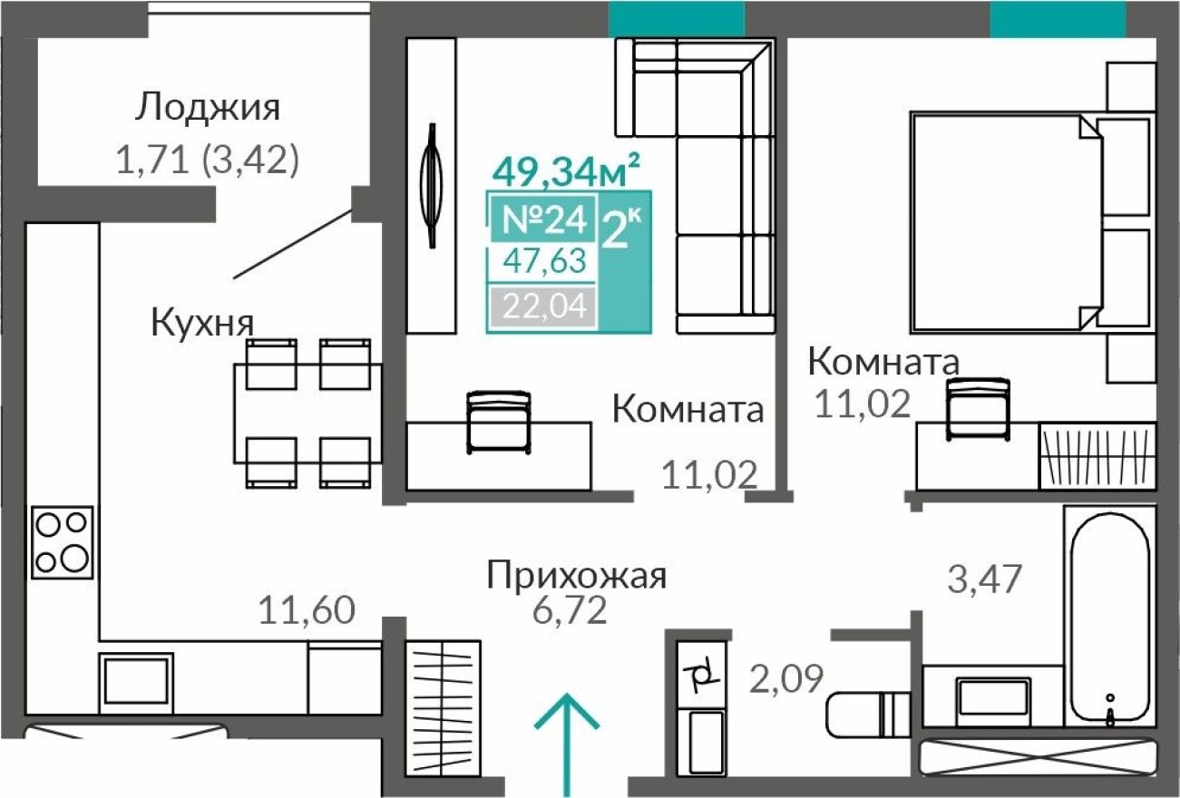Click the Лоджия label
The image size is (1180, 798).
click(208, 107)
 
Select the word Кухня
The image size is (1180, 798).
click(201, 322)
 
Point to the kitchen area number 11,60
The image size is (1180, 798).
click(306, 610)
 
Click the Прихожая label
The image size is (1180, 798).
click(577, 576)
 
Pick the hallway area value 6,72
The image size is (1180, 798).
click(570, 611)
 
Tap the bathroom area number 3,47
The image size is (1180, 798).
click(985, 578)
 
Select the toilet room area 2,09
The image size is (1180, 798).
click(787, 676)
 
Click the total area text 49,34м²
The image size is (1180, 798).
click(566, 169)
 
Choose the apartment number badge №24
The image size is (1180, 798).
click(542, 219)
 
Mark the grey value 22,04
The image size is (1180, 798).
click(542, 307)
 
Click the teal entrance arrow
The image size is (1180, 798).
click(567, 744)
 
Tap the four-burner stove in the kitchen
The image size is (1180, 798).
click(62, 541)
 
